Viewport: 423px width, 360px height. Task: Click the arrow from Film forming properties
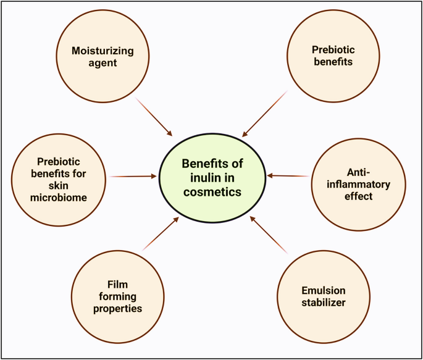tap(161, 233)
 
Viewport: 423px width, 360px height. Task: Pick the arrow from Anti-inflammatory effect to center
tap(289, 177)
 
